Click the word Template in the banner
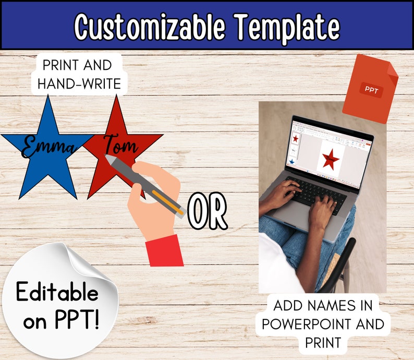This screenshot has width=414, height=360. (x=287, y=26)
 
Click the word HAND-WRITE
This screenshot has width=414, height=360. (x=80, y=83)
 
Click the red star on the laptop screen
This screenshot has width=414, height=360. (x=330, y=158)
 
